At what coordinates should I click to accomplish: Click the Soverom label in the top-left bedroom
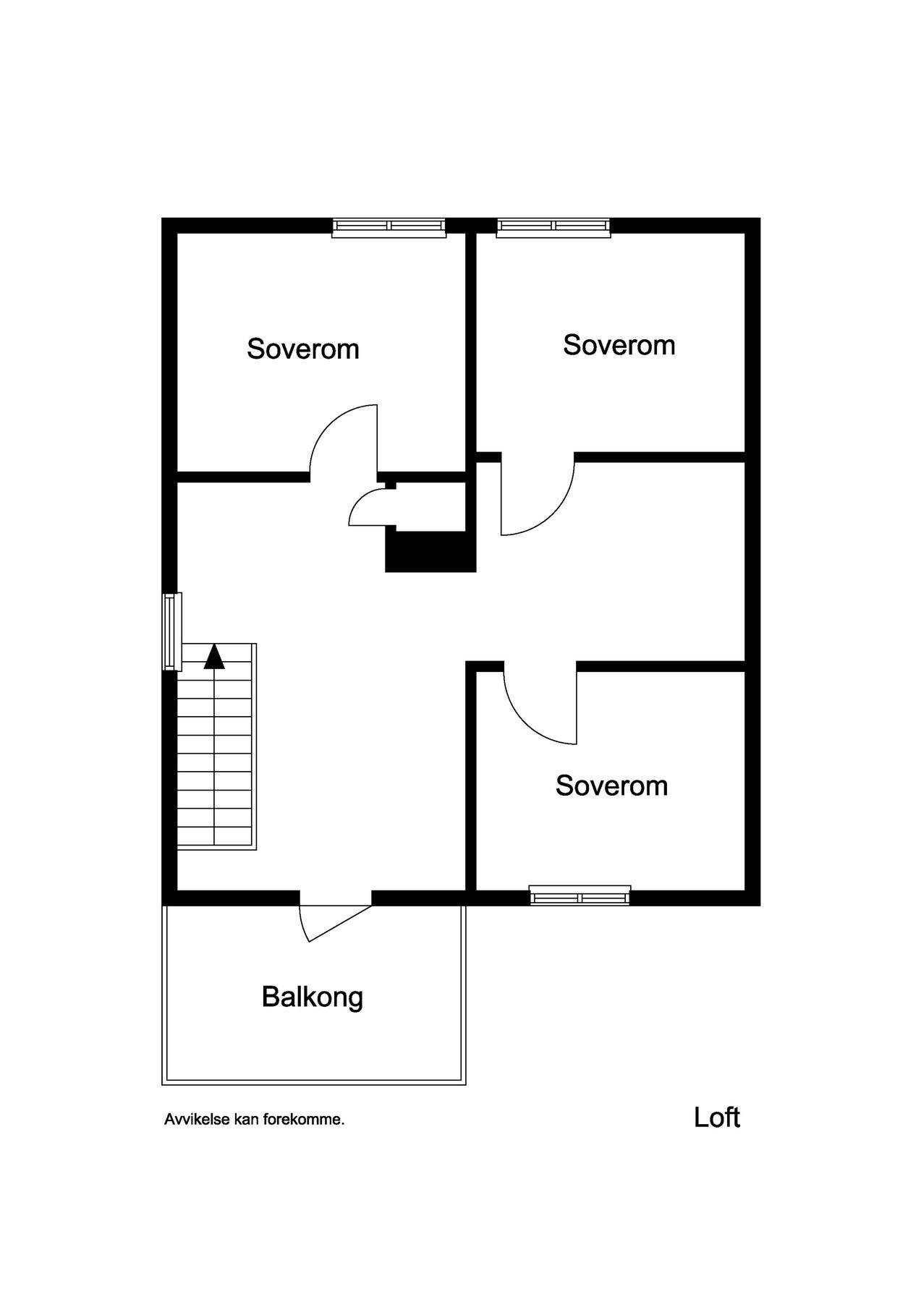pyautogui.click(x=302, y=349)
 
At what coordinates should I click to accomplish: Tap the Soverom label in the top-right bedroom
pyautogui.click(x=619, y=345)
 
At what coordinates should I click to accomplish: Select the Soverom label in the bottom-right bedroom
pyautogui.click(x=611, y=786)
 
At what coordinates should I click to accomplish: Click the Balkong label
pyautogui.click(x=312, y=997)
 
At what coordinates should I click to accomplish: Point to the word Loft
pyautogui.click(x=716, y=1118)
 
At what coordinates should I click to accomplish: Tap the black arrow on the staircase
pyautogui.click(x=214, y=656)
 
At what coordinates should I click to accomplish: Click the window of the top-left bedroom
pyautogui.click(x=389, y=227)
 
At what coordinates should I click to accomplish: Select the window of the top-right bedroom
pyautogui.click(x=553, y=227)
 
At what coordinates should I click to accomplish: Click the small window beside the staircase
pyautogui.click(x=171, y=631)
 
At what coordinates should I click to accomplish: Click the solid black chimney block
pyautogui.click(x=430, y=552)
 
